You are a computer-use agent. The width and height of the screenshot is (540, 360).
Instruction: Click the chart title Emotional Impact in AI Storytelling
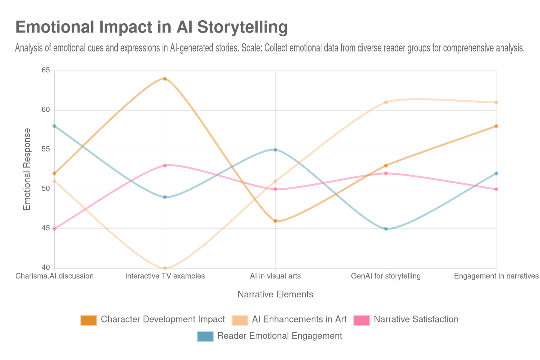click(x=151, y=27)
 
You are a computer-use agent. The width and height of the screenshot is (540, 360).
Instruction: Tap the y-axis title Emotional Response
click(x=27, y=169)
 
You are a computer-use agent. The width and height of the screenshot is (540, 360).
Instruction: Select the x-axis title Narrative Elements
click(x=275, y=295)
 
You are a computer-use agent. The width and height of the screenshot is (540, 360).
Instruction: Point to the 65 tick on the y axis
click(x=45, y=70)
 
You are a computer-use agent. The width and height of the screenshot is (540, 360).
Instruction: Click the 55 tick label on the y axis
click(x=45, y=149)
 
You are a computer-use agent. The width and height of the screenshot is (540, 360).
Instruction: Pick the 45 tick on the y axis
click(x=45, y=228)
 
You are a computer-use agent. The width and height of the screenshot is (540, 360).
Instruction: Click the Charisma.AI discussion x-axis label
click(x=54, y=276)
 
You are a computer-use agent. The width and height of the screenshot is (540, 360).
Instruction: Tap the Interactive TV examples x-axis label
click(x=165, y=276)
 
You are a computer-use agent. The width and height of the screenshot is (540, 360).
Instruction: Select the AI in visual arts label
click(x=275, y=276)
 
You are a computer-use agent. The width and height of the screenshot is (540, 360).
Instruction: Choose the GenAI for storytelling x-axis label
click(x=386, y=276)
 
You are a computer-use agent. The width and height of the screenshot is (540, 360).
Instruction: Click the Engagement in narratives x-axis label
click(x=496, y=276)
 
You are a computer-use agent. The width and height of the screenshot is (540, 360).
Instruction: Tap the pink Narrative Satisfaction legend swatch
click(x=361, y=320)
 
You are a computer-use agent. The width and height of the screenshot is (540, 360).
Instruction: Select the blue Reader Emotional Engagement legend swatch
click(x=205, y=336)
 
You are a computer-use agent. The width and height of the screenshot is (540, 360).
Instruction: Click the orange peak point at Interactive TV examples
click(x=165, y=78)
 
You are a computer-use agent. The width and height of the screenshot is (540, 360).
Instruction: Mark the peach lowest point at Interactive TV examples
click(x=165, y=268)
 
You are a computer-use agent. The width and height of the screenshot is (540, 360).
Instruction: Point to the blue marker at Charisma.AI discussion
click(x=54, y=126)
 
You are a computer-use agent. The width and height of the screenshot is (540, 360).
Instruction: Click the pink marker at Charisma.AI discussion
click(x=54, y=229)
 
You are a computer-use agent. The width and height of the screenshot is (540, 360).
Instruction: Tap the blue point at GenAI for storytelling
click(x=386, y=229)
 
